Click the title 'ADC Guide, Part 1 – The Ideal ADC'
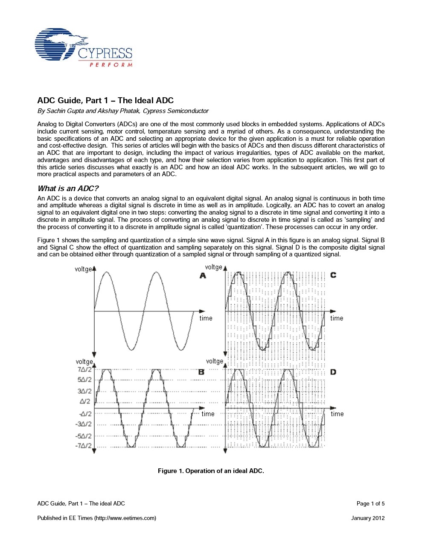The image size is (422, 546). point(105,101)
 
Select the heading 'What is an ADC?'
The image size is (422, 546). point(68,189)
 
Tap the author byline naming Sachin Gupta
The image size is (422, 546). point(123,111)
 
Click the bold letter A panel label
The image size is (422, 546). point(203,276)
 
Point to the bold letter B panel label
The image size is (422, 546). point(201,372)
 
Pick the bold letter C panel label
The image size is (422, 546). point(333,275)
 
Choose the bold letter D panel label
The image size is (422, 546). point(333,372)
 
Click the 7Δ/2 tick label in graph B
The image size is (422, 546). point(84,369)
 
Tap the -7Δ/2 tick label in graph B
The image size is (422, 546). point(84,446)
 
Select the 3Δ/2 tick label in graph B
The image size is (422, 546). point(84,391)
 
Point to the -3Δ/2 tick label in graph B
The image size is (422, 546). point(84,424)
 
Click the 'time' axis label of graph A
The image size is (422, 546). point(206,318)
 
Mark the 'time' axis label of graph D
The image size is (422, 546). point(337,414)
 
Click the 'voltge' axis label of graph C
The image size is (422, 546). point(214,267)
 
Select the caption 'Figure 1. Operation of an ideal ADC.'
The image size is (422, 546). point(211,471)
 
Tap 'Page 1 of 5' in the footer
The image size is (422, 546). point(370,504)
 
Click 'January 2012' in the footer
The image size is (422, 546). point(367,518)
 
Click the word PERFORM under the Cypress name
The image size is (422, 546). point(111,65)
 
